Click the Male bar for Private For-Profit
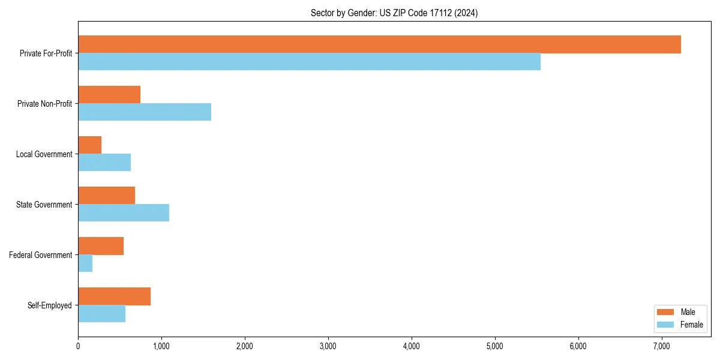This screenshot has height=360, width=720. pos(379,44)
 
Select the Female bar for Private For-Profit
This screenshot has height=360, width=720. pos(309,62)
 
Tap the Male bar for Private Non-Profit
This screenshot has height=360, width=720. pos(109,95)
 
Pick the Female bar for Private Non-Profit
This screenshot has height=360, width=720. pos(145,112)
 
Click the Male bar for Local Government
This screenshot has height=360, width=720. pos(89,145)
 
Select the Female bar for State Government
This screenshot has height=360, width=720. pos(124,213)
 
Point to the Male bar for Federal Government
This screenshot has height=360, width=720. pos(101,246)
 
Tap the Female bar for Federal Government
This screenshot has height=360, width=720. pos(85,263)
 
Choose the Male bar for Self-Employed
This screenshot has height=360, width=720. pos(114,296)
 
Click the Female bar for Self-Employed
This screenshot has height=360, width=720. pos(101,314)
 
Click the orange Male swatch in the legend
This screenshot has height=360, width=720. pos(666,312)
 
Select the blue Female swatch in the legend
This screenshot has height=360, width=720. pos(666,325)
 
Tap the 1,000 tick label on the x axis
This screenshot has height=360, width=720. pos(161,346)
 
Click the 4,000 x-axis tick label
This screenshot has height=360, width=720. pos(411,346)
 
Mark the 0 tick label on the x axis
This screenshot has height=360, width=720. pos(78,346)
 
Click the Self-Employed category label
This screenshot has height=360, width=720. pos(50,305)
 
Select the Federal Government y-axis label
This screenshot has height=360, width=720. pos(41,255)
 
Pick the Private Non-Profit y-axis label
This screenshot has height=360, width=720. pos(44,104)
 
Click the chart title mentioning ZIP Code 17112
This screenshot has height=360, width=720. pos(394,13)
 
